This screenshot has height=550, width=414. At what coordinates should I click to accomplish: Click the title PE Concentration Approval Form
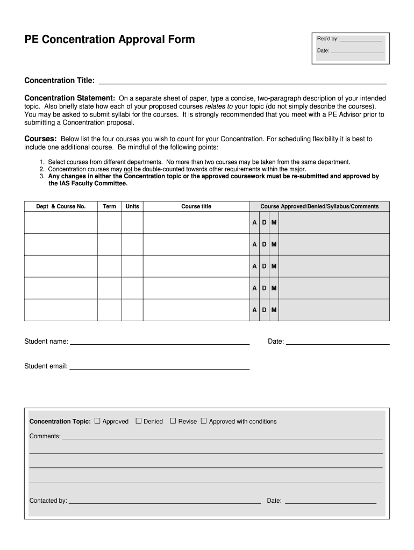click(110, 40)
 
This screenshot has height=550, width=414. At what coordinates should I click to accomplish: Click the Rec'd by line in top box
click(361, 39)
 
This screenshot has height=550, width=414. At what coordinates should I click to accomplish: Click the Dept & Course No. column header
click(61, 206)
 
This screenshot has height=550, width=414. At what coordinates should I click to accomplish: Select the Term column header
click(109, 206)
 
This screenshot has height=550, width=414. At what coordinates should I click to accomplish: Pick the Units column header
click(132, 206)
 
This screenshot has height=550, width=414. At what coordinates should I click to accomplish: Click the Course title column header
click(196, 206)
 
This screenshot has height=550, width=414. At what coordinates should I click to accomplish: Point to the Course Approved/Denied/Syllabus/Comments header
click(319, 206)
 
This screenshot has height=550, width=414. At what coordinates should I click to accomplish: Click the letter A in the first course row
click(255, 222)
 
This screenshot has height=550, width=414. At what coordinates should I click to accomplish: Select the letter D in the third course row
click(264, 266)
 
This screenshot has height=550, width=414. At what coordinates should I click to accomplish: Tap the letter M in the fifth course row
click(274, 310)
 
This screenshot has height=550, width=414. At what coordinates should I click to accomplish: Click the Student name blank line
click(160, 342)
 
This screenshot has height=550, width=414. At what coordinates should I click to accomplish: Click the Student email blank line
click(160, 367)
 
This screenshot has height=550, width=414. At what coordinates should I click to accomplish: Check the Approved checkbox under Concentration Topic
click(97, 421)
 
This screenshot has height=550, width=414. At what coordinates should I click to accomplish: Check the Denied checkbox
click(138, 421)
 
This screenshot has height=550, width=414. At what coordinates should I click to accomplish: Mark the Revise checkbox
click(173, 421)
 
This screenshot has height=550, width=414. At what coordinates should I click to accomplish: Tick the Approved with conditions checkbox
click(204, 421)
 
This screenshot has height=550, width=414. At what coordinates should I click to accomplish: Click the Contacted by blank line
click(165, 502)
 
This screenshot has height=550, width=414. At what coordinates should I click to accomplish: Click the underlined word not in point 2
click(129, 169)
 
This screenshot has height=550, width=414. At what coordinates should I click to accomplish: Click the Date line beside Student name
click(338, 342)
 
